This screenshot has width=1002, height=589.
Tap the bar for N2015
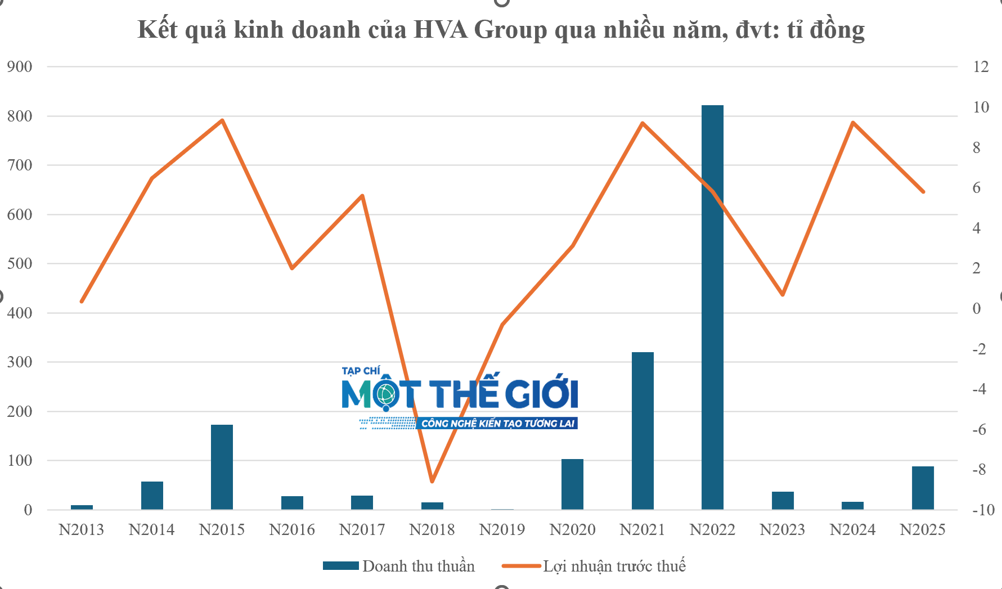click(222, 467)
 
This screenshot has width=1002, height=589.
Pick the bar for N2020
click(572, 484)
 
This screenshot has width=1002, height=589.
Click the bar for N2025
click(923, 488)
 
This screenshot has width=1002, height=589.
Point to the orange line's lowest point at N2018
click(432, 482)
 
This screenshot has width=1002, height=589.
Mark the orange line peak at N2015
click(222, 120)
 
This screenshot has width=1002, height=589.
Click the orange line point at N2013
click(82, 302)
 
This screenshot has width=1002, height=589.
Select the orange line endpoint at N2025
click(923, 192)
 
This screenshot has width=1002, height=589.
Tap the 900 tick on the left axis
click(20, 67)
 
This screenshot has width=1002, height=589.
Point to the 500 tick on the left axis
click(20, 264)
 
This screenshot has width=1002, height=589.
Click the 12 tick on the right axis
click(981, 67)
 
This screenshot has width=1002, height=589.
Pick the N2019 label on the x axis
click(502, 529)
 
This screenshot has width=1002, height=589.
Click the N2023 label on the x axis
click(782, 529)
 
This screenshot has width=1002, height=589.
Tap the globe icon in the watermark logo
click(386, 395)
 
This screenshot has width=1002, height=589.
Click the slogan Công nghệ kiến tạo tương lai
click(497, 424)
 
